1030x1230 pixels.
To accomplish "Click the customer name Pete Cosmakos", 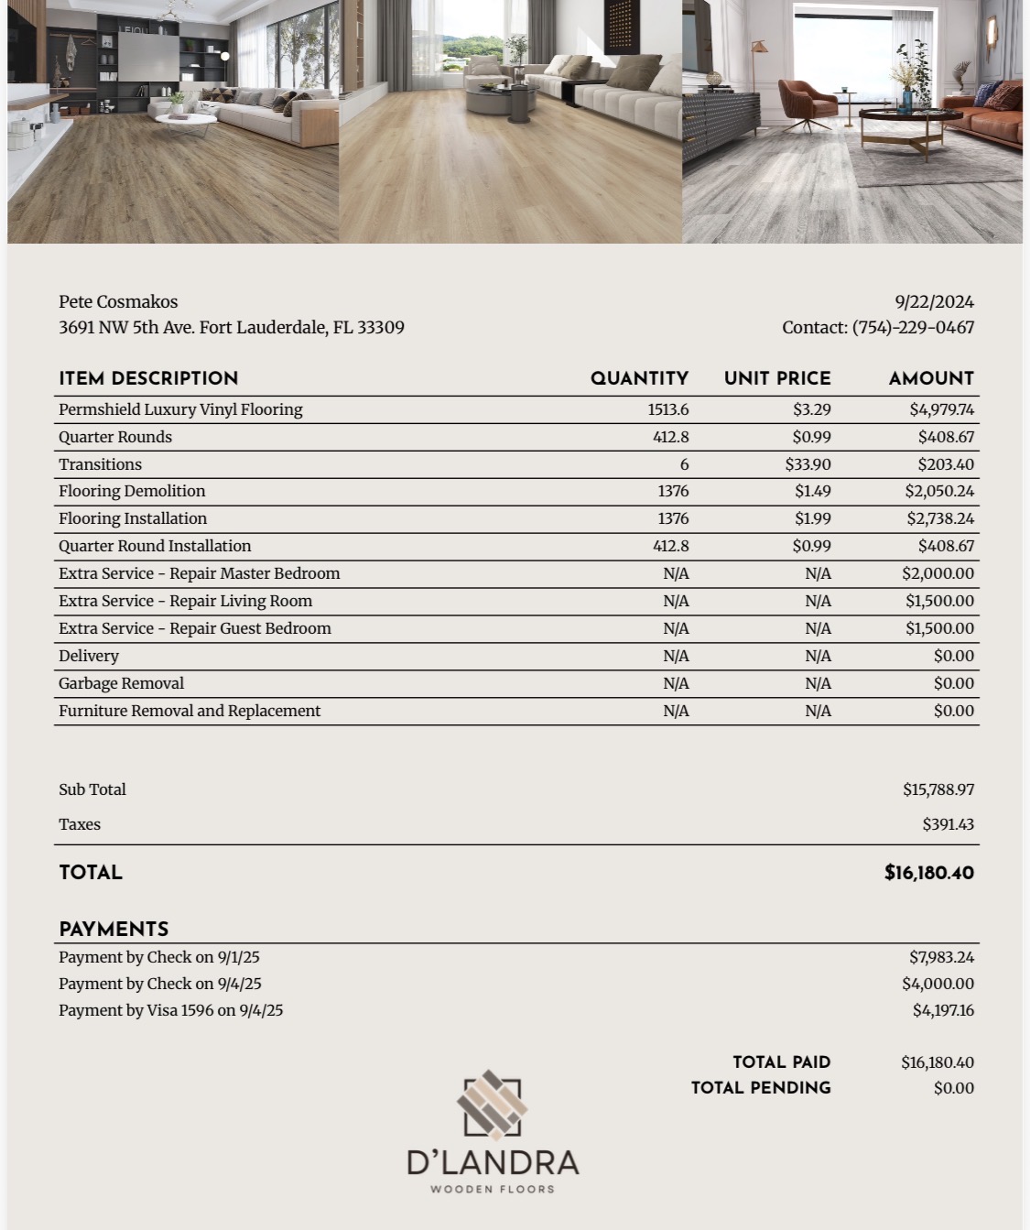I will [x=118, y=301].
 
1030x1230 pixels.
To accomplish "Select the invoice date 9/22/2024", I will [x=934, y=301].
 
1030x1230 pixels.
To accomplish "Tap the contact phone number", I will [x=913, y=327].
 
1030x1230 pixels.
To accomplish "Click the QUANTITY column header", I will [x=639, y=378].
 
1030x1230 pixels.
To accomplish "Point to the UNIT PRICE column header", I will [x=777, y=378].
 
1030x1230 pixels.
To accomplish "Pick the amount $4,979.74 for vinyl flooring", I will [x=941, y=409].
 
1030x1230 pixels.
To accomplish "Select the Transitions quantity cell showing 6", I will [x=684, y=464].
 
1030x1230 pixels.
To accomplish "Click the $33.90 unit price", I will [x=808, y=464].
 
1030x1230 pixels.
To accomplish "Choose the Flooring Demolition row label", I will [x=132, y=491].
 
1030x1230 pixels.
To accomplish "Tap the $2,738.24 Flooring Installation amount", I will [x=940, y=518].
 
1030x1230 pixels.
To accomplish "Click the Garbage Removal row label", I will [x=121, y=683].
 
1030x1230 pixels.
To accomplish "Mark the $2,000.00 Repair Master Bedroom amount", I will [x=938, y=573].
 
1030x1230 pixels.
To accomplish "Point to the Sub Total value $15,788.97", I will [x=938, y=789].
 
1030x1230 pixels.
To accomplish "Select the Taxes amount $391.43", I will [x=948, y=824].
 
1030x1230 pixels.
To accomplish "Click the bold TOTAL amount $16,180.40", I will [x=928, y=873].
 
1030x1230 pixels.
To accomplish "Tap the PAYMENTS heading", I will [x=114, y=930].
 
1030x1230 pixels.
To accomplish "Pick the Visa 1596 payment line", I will [x=170, y=1010].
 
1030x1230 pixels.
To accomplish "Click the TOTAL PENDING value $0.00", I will [x=953, y=1088].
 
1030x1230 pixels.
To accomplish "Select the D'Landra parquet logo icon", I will [x=493, y=1105].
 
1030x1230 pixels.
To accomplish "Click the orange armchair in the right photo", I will [x=806, y=103].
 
